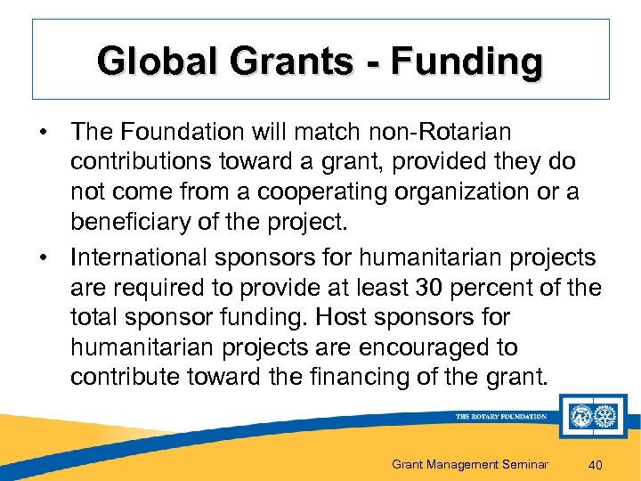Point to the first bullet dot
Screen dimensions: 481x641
44,133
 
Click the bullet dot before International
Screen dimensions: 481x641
44,257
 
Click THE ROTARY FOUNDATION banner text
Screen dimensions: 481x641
501,416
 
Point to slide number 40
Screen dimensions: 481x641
596,464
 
